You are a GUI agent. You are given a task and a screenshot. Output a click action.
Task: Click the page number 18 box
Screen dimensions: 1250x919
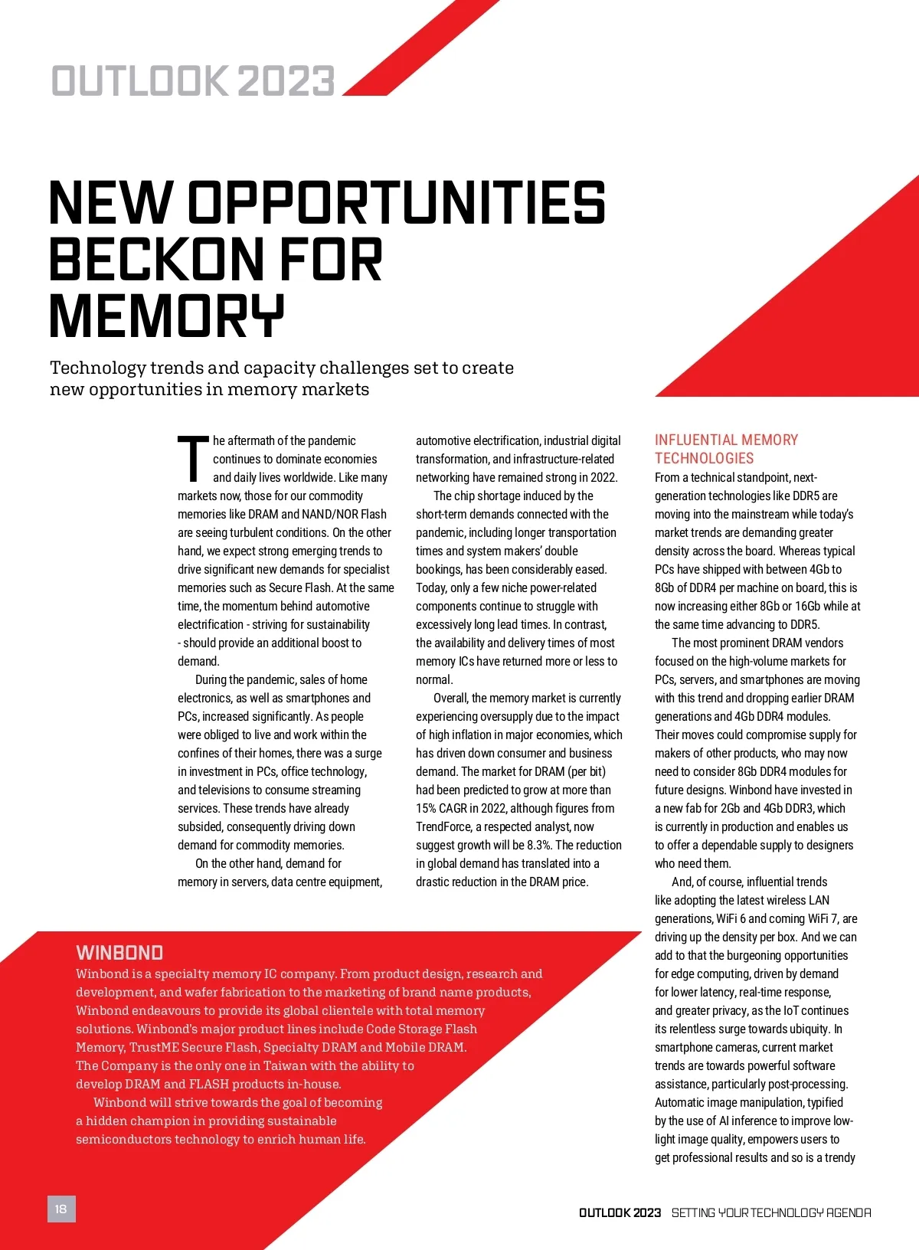(x=61, y=1209)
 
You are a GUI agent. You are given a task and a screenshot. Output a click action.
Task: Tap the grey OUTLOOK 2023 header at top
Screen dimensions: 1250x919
(x=193, y=81)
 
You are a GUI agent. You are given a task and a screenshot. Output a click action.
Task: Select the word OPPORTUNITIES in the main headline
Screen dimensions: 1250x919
(x=397, y=203)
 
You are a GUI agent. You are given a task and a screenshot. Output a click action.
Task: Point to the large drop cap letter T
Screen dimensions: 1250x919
(x=193, y=459)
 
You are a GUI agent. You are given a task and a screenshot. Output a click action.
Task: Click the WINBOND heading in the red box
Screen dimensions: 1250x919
(x=119, y=953)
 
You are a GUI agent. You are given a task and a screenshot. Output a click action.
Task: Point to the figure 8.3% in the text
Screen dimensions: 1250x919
(x=539, y=846)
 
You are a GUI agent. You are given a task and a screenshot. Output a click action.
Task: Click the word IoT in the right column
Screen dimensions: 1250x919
(x=791, y=1011)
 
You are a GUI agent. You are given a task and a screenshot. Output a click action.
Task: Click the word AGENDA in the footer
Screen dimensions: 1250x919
(x=849, y=1213)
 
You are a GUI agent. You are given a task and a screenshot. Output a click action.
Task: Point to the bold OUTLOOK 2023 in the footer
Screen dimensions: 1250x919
(x=620, y=1213)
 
